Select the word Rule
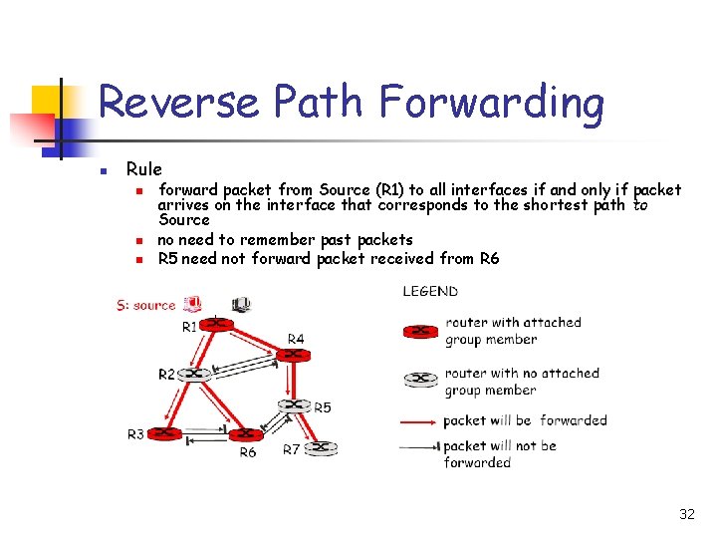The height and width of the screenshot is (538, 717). pyautogui.click(x=143, y=169)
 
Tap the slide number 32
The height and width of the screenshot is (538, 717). pyautogui.click(x=686, y=514)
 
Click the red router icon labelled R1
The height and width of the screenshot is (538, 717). pyautogui.click(x=216, y=324)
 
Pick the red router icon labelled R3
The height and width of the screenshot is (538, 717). pyautogui.click(x=165, y=433)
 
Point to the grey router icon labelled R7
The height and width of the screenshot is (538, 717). pyautogui.click(x=319, y=448)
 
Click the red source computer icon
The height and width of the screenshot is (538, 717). pyautogui.click(x=193, y=304)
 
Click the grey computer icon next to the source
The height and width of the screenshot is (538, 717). pyautogui.click(x=241, y=304)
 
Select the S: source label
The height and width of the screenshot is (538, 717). pyautogui.click(x=145, y=305)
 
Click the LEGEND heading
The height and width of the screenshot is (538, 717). pyautogui.click(x=430, y=292)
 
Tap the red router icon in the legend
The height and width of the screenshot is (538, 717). pyautogui.click(x=420, y=331)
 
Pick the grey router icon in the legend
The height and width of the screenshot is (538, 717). pyautogui.click(x=420, y=381)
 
